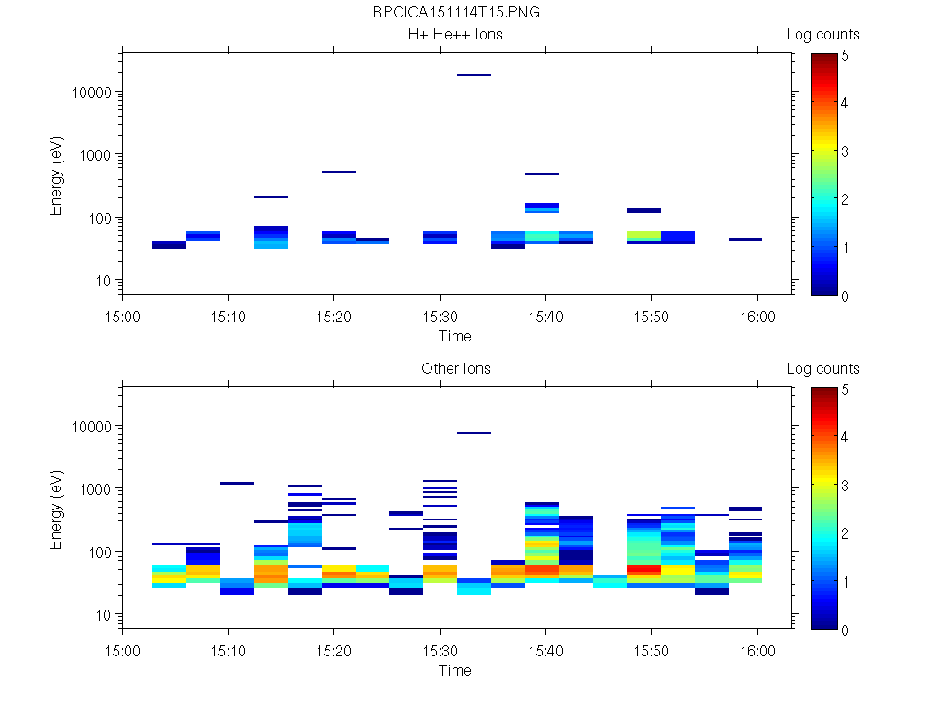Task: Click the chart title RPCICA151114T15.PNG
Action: [455, 13]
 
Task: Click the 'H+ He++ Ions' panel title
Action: [455, 35]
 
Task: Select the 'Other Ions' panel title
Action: [455, 369]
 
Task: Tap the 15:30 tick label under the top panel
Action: [441, 316]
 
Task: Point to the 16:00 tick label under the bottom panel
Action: [757, 650]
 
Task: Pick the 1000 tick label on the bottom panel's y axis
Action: [98, 489]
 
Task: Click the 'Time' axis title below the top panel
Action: [455, 336]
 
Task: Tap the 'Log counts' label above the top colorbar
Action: [822, 35]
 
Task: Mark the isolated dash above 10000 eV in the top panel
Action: [474, 75]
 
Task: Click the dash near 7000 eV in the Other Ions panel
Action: [474, 433]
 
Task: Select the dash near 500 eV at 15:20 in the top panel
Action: [339, 172]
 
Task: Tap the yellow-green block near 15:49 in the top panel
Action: [643, 236]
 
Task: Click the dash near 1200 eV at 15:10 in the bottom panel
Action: [237, 483]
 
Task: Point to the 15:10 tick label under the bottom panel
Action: [228, 650]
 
